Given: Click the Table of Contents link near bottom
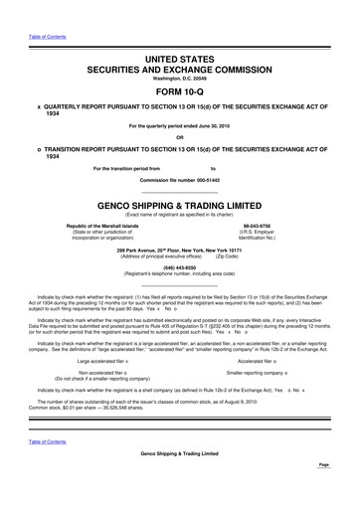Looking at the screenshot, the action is [x=48, y=440].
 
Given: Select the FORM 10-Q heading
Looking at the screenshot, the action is [x=179, y=87].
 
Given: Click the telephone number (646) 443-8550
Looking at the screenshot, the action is [x=179, y=265].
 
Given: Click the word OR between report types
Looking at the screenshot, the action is [x=179, y=137].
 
